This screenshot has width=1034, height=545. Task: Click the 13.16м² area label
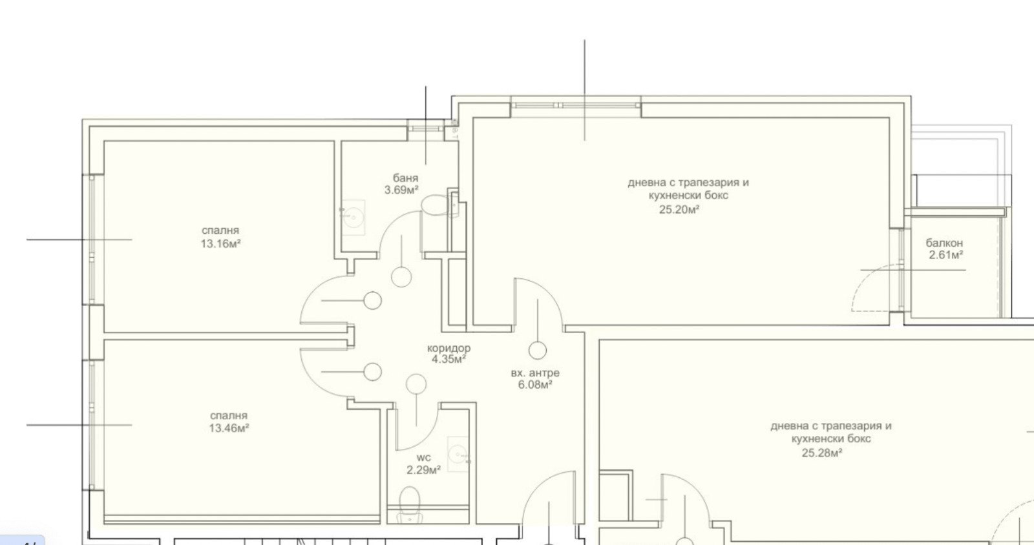pyautogui.click(x=220, y=244)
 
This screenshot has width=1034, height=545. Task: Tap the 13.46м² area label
pyautogui.click(x=229, y=428)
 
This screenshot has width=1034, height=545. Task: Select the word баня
pyautogui.click(x=405, y=178)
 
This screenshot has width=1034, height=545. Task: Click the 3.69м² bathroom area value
pyautogui.click(x=401, y=190)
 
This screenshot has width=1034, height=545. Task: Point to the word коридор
pyautogui.click(x=448, y=348)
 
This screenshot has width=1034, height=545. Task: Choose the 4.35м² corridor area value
pyautogui.click(x=448, y=359)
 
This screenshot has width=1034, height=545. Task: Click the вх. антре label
pyautogui.click(x=535, y=373)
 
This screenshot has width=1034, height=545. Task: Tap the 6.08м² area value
pyautogui.click(x=535, y=385)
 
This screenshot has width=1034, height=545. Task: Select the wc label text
pyautogui.click(x=424, y=458)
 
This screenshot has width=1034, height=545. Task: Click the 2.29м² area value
pyautogui.click(x=424, y=470)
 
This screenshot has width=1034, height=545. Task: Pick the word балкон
pyautogui.click(x=944, y=243)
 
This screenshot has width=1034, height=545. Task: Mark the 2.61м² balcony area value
pyautogui.click(x=946, y=255)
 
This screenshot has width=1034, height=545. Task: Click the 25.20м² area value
pyautogui.click(x=679, y=210)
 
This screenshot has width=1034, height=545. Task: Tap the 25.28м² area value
pyautogui.click(x=821, y=453)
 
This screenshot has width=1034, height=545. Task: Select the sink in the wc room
pyautogui.click(x=458, y=454)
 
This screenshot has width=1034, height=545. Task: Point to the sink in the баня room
pyautogui.click(x=353, y=217)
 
